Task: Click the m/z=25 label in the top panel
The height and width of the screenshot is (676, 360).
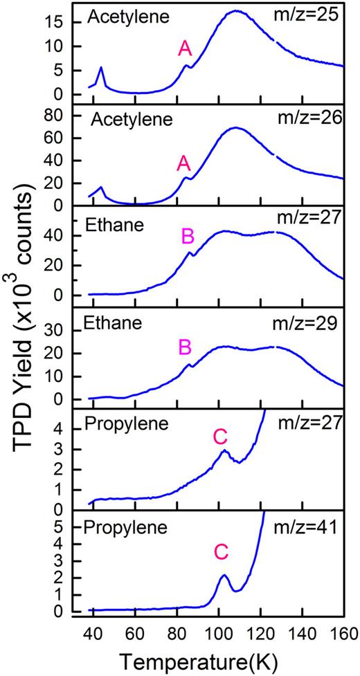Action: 312,15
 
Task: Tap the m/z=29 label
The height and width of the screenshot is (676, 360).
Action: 312,321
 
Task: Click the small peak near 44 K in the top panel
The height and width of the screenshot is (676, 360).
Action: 101,68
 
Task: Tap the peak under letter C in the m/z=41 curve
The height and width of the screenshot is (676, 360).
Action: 224,575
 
